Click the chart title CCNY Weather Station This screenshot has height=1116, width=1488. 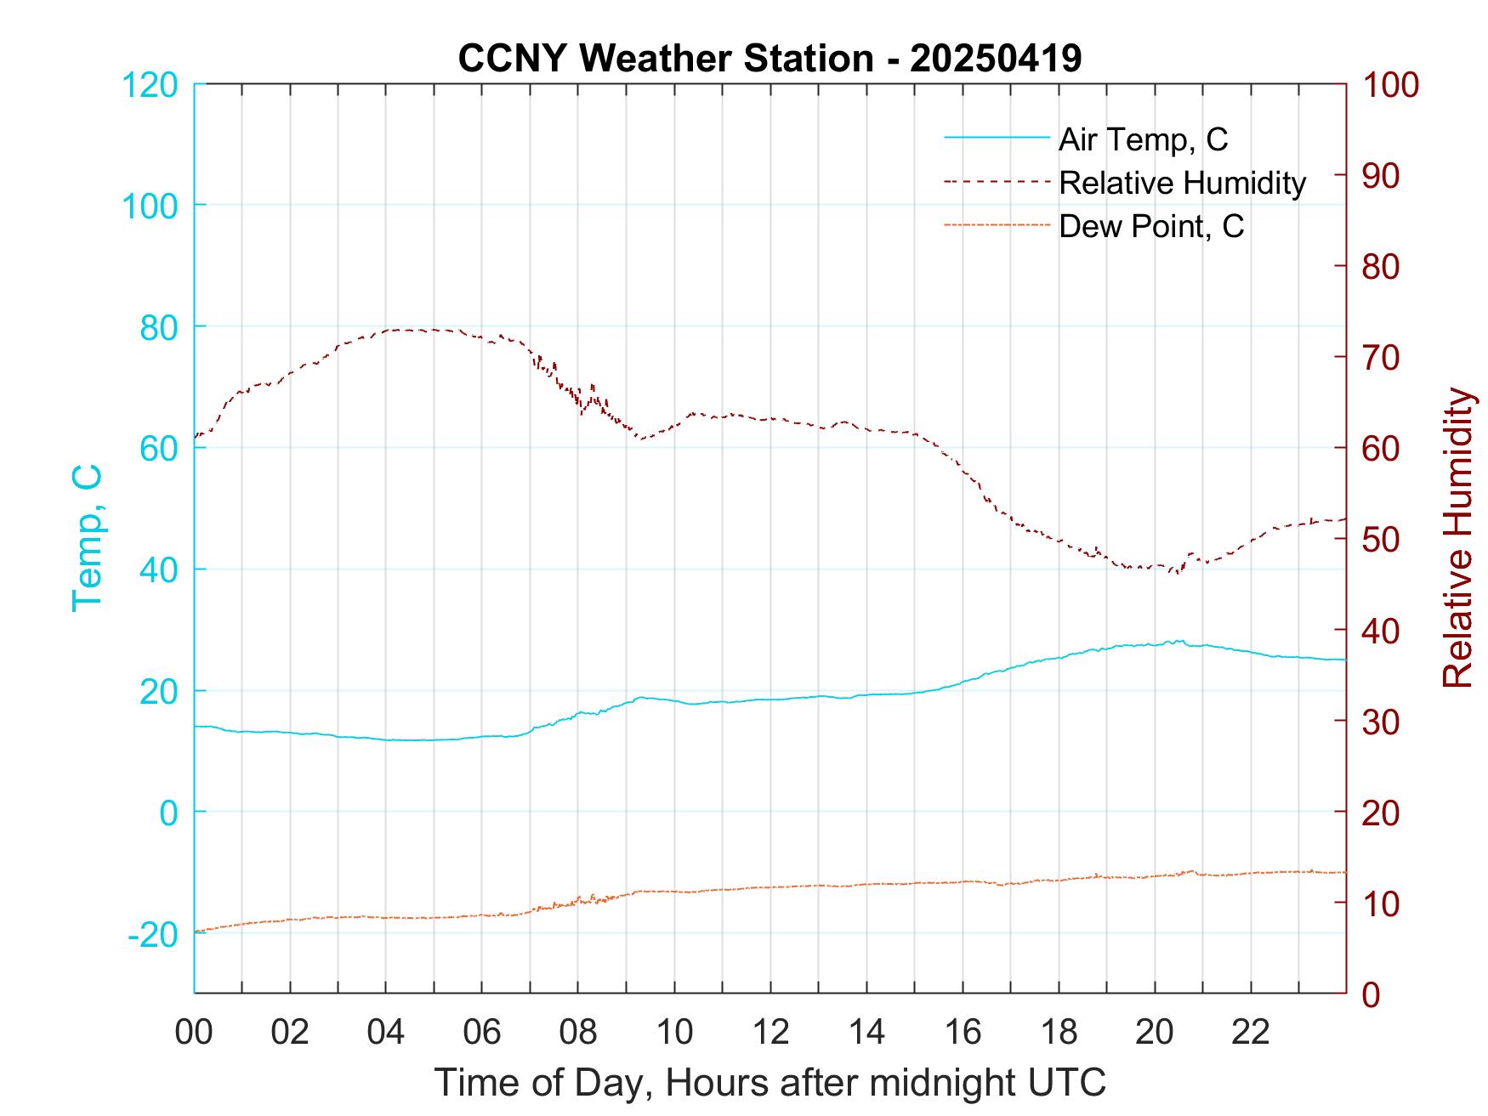770,59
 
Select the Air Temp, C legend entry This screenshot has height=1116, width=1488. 1142,139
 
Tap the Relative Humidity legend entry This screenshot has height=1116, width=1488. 1182,183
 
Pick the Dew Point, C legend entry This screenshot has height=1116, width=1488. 1150,226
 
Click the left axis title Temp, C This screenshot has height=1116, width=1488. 87,537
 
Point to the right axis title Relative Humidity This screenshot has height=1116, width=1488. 1457,537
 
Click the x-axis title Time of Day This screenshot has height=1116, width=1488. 770,1082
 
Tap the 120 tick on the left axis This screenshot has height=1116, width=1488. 150,85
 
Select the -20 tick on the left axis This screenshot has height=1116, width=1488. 153,935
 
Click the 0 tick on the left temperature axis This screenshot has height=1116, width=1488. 168,813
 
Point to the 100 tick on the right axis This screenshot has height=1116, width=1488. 1390,85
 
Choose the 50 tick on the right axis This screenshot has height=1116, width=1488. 1382,540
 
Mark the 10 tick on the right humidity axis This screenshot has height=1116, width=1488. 1382,904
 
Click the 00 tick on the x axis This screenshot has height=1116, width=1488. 194,1033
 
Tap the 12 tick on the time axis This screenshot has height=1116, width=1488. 770,1033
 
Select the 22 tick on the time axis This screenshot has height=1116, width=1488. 1251,1033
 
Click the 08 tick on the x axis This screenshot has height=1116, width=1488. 578,1033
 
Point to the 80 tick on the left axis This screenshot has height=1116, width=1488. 158,327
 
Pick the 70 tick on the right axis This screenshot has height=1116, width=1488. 1382,358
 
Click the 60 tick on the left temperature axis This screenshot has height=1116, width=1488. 158,449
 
